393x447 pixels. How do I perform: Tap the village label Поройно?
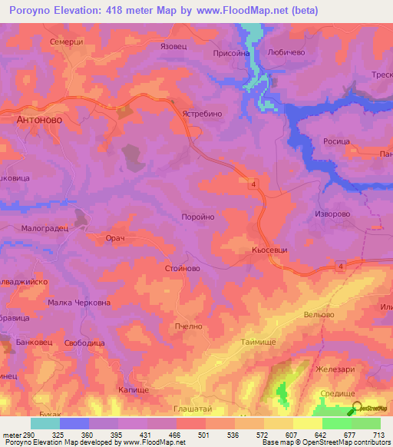197,217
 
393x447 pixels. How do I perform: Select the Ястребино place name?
202,112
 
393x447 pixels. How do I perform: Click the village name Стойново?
183,269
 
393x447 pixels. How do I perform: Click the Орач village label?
115,238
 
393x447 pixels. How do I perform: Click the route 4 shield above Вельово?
341,266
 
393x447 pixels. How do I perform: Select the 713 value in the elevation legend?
378,434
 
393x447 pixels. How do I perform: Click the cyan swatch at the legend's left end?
45,423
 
